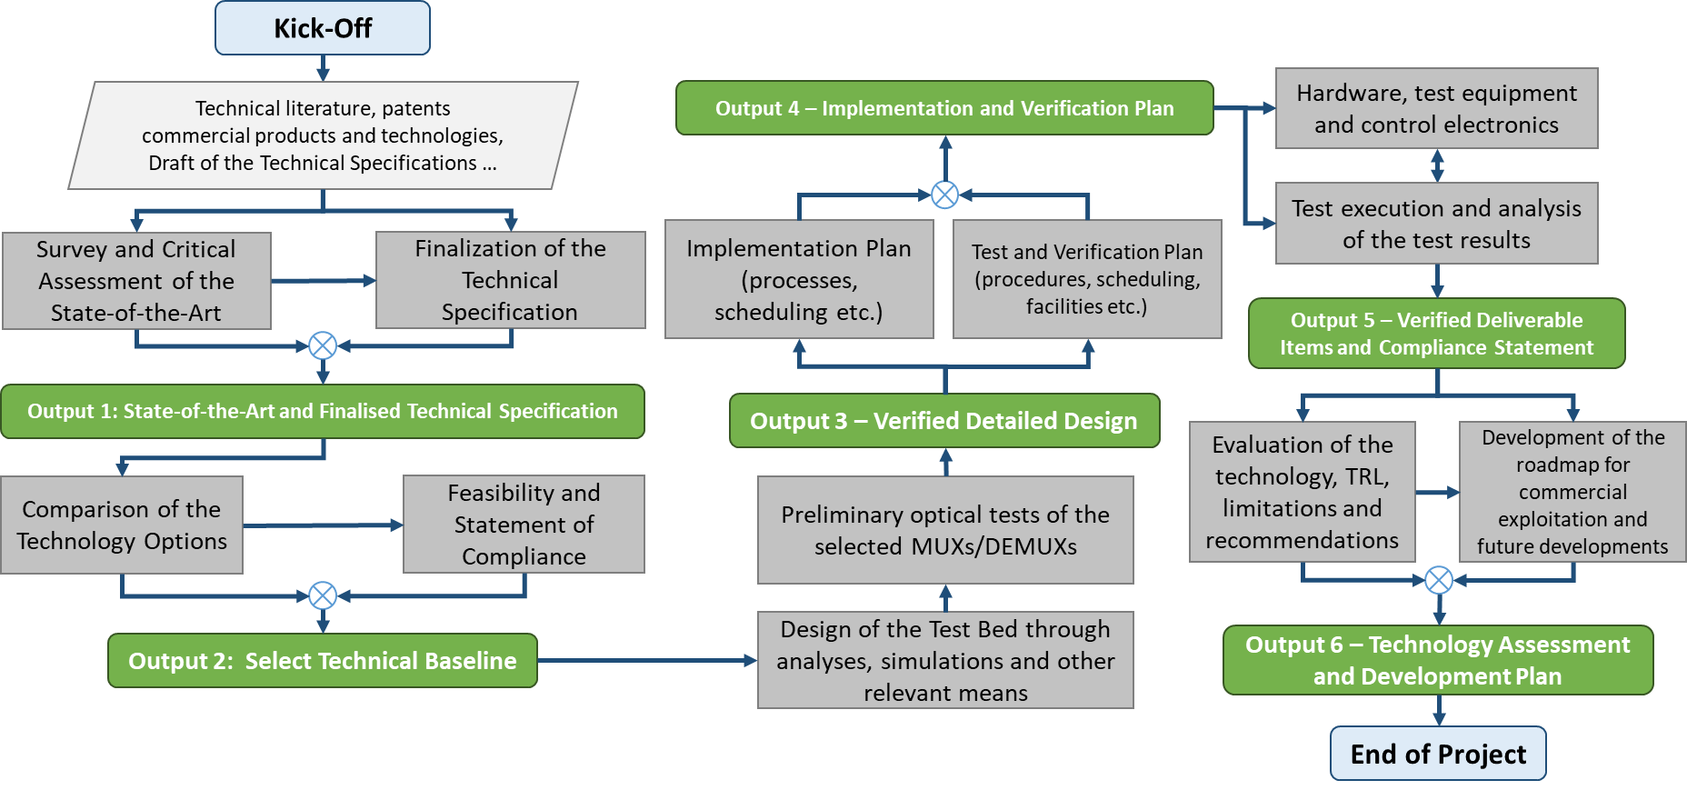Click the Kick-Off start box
point(322,28)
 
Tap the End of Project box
point(1438,754)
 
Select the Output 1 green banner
point(322,411)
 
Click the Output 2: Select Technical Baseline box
point(322,661)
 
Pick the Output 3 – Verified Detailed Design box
point(943,421)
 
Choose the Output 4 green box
point(943,108)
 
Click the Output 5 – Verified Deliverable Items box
point(1436,334)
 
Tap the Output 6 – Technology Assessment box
point(1437,660)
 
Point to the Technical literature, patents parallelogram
point(322,135)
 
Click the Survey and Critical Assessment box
point(136,281)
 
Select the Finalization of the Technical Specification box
point(510,280)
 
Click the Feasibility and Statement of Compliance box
point(524,525)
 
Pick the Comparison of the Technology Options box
point(122,525)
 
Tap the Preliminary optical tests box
point(945,530)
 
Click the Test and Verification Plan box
point(1087,279)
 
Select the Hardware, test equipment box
point(1436,108)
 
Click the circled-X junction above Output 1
point(323,345)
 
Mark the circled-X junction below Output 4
point(945,195)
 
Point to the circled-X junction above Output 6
point(1438,580)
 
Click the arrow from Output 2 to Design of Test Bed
point(645,661)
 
